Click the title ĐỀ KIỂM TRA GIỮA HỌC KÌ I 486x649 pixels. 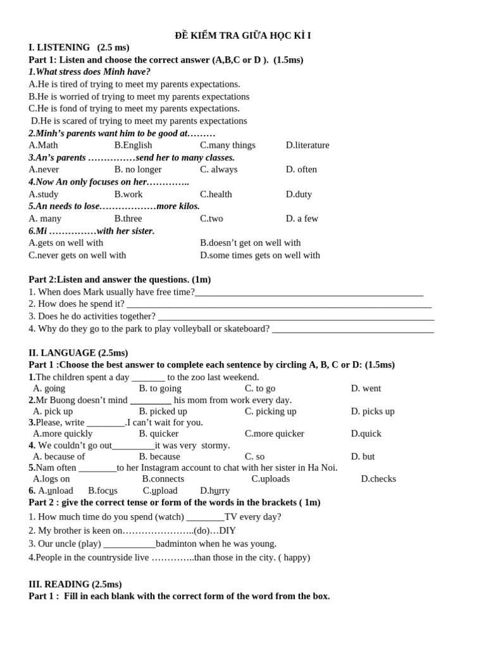click(243, 35)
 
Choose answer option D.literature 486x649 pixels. click(308, 145)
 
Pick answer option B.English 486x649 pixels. click(133, 145)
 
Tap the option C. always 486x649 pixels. click(219, 169)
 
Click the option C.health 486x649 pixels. click(216, 194)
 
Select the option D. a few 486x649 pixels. click(302, 219)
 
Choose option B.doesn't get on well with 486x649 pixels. click(251, 243)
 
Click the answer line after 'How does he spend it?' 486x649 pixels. click(278, 305)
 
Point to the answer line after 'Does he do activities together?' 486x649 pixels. click(296, 317)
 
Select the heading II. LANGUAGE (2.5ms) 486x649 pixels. click(78, 353)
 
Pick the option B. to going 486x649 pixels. click(160, 389)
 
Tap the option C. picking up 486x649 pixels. click(270, 411)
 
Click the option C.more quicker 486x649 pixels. click(274, 434)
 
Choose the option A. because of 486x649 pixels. click(59, 457)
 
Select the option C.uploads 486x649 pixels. click(270, 479)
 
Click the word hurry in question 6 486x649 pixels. click(215, 491)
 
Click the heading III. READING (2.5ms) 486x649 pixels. click(75, 584)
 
